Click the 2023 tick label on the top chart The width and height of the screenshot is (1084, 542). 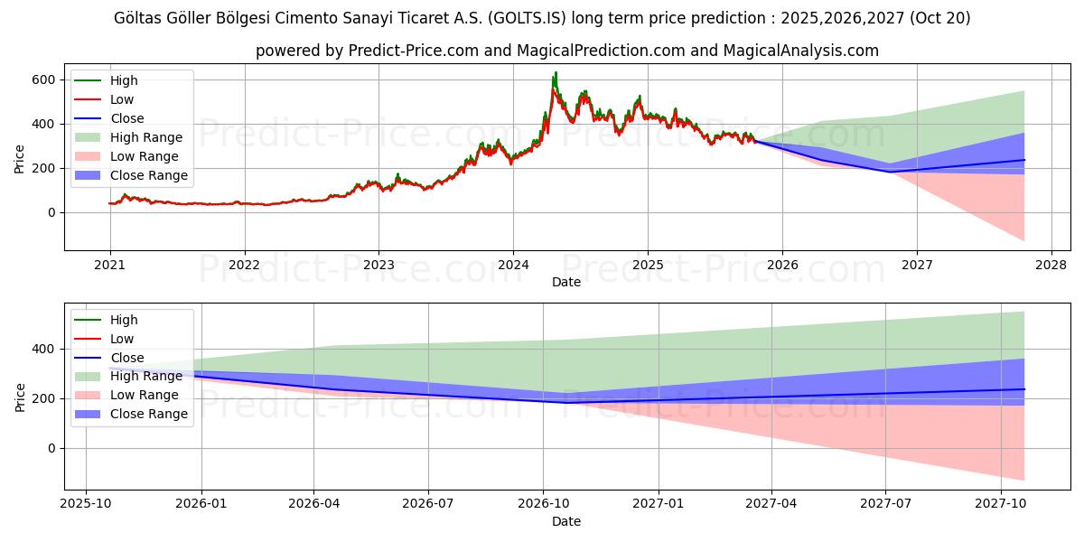378,265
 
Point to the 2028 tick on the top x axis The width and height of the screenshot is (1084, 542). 1051,265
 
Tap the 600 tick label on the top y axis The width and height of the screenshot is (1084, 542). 44,79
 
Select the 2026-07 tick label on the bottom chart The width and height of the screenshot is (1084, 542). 428,504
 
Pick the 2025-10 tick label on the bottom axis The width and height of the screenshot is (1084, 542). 86,504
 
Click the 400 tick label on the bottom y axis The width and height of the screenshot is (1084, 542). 44,349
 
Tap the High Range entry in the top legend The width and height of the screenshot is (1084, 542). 145,137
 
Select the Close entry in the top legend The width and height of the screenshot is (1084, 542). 126,118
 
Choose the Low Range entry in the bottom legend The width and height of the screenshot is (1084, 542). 144,395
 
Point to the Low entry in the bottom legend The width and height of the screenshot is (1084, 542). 122,339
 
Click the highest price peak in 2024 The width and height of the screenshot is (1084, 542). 556,72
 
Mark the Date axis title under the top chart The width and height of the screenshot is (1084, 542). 566,282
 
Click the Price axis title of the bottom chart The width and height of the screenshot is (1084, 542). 20,397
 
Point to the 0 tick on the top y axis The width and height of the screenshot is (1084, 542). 51,212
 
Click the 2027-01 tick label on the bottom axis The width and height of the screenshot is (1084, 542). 658,504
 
